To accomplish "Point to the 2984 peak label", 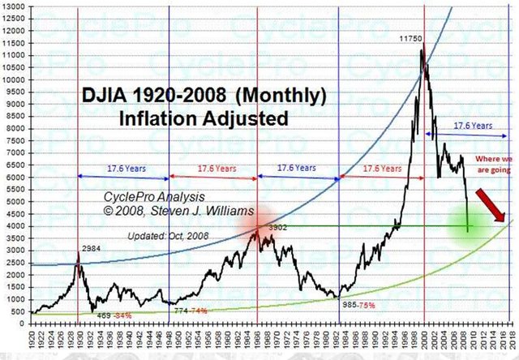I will (92, 249).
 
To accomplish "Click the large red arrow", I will (491, 204).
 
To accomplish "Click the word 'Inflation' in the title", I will (161, 118).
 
